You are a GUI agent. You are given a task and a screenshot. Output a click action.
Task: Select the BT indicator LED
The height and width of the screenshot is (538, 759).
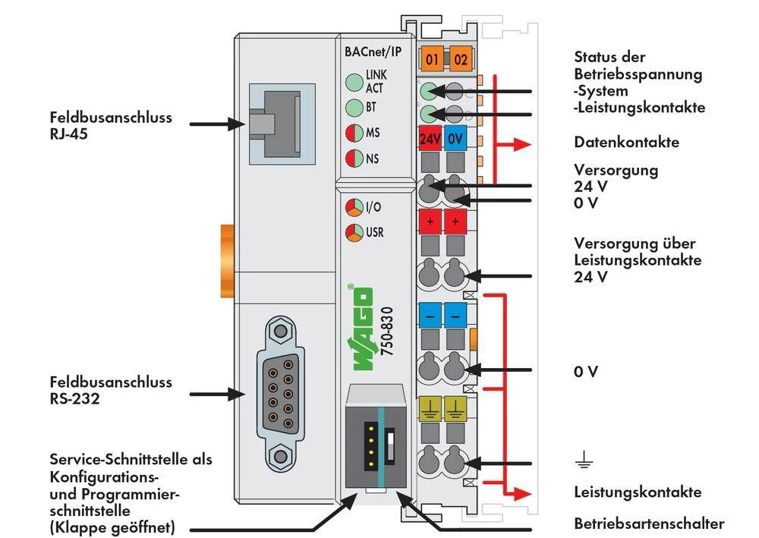pos(354,107)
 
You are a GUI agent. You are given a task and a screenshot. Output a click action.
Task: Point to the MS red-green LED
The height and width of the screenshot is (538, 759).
pos(354,132)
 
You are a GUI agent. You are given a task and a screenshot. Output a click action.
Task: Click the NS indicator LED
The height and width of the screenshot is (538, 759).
pos(354,158)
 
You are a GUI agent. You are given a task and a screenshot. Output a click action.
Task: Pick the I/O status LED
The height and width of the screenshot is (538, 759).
pos(354,207)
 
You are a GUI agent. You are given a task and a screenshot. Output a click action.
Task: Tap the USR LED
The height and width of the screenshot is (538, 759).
pos(354,232)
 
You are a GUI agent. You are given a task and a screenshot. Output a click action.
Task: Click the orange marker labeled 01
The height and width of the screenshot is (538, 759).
pos(433,58)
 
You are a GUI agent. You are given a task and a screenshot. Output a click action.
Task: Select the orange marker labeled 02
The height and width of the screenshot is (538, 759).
pos(461,58)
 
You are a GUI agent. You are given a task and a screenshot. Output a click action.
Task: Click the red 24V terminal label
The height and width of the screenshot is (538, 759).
pos(431,139)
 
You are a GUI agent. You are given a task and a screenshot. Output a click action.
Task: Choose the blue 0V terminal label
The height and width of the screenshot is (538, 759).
pos(455,139)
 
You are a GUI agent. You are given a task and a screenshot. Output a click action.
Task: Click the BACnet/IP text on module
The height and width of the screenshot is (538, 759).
pos(373,52)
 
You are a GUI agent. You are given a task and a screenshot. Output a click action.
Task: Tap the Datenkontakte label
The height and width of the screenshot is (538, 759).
pos(626,143)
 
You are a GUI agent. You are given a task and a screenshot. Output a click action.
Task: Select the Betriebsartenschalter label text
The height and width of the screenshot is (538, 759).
pos(649,524)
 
